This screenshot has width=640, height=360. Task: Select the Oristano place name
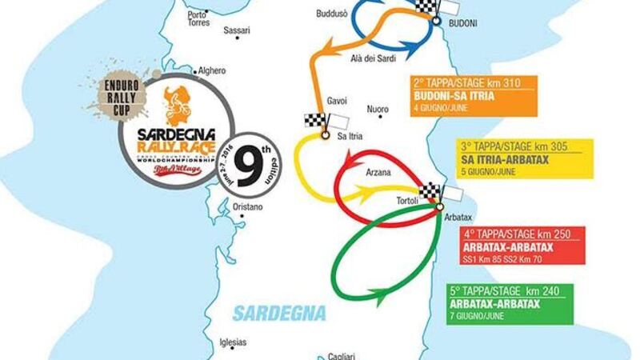pyautogui.click(x=247, y=207)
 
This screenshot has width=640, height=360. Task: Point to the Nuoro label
pyautogui.click(x=377, y=109)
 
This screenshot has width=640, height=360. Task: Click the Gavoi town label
pyautogui.click(x=337, y=101)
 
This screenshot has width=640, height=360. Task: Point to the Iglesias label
pyautogui.click(x=233, y=342)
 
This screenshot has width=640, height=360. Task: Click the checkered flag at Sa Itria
pyautogui.click(x=315, y=122)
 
